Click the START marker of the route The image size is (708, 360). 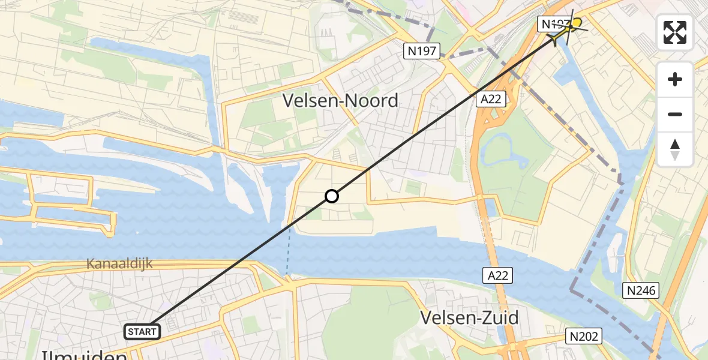pyautogui.click(x=142, y=331)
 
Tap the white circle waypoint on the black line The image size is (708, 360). pyautogui.click(x=332, y=196)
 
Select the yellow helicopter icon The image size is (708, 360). pyautogui.click(x=567, y=29)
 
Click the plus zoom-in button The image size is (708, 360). pyautogui.click(x=675, y=79)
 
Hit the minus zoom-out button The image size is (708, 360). pyautogui.click(x=675, y=114)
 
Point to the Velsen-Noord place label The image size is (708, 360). pyautogui.click(x=340, y=100)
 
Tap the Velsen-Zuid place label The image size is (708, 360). pyautogui.click(x=469, y=317)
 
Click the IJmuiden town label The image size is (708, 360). pyautogui.click(x=84, y=355)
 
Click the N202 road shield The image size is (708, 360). pyautogui.click(x=584, y=336)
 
